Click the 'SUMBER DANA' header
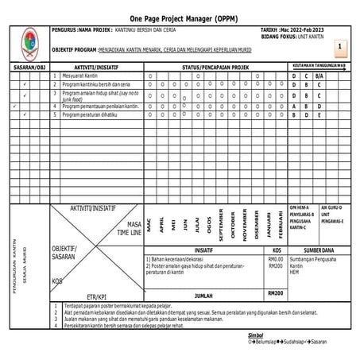(319, 250)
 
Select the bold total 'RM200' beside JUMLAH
(276, 293)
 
